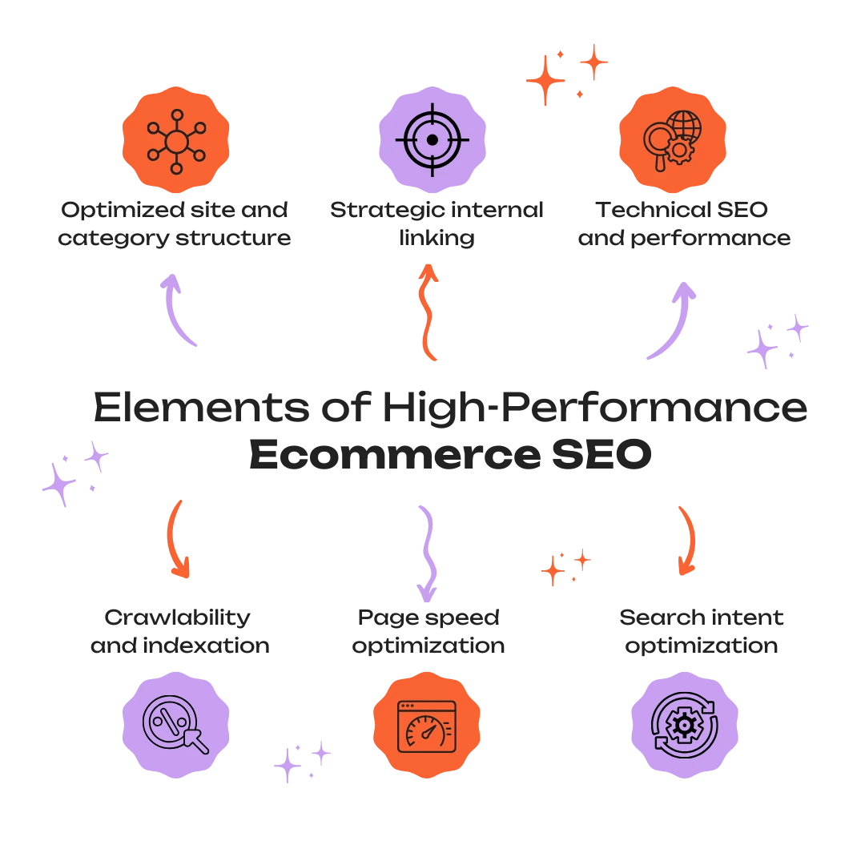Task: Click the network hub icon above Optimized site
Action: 176,142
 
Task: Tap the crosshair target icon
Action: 432,140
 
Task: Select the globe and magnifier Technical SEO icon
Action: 673,141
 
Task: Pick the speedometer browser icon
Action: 427,726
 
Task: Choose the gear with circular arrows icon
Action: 685,725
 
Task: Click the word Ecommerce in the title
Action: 395,455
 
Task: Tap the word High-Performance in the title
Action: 595,408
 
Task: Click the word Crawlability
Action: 177,618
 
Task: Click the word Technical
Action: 654,210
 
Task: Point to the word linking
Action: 437,239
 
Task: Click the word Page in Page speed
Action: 385,618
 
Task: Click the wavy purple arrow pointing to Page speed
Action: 428,553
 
